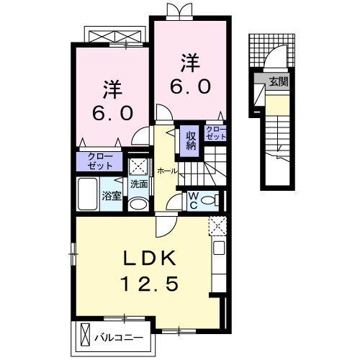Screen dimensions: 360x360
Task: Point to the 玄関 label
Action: [279, 81]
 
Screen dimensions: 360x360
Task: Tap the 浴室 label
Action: [111, 195]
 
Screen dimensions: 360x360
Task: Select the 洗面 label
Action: [138, 184]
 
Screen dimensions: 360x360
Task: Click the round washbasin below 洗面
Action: [139, 204]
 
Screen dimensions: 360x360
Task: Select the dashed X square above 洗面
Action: [138, 165]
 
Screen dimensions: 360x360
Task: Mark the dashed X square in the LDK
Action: [217, 227]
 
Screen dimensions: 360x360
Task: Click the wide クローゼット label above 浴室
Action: [100, 160]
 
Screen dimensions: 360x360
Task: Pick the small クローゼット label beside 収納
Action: [215, 132]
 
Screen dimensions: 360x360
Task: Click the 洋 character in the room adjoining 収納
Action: [189, 63]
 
